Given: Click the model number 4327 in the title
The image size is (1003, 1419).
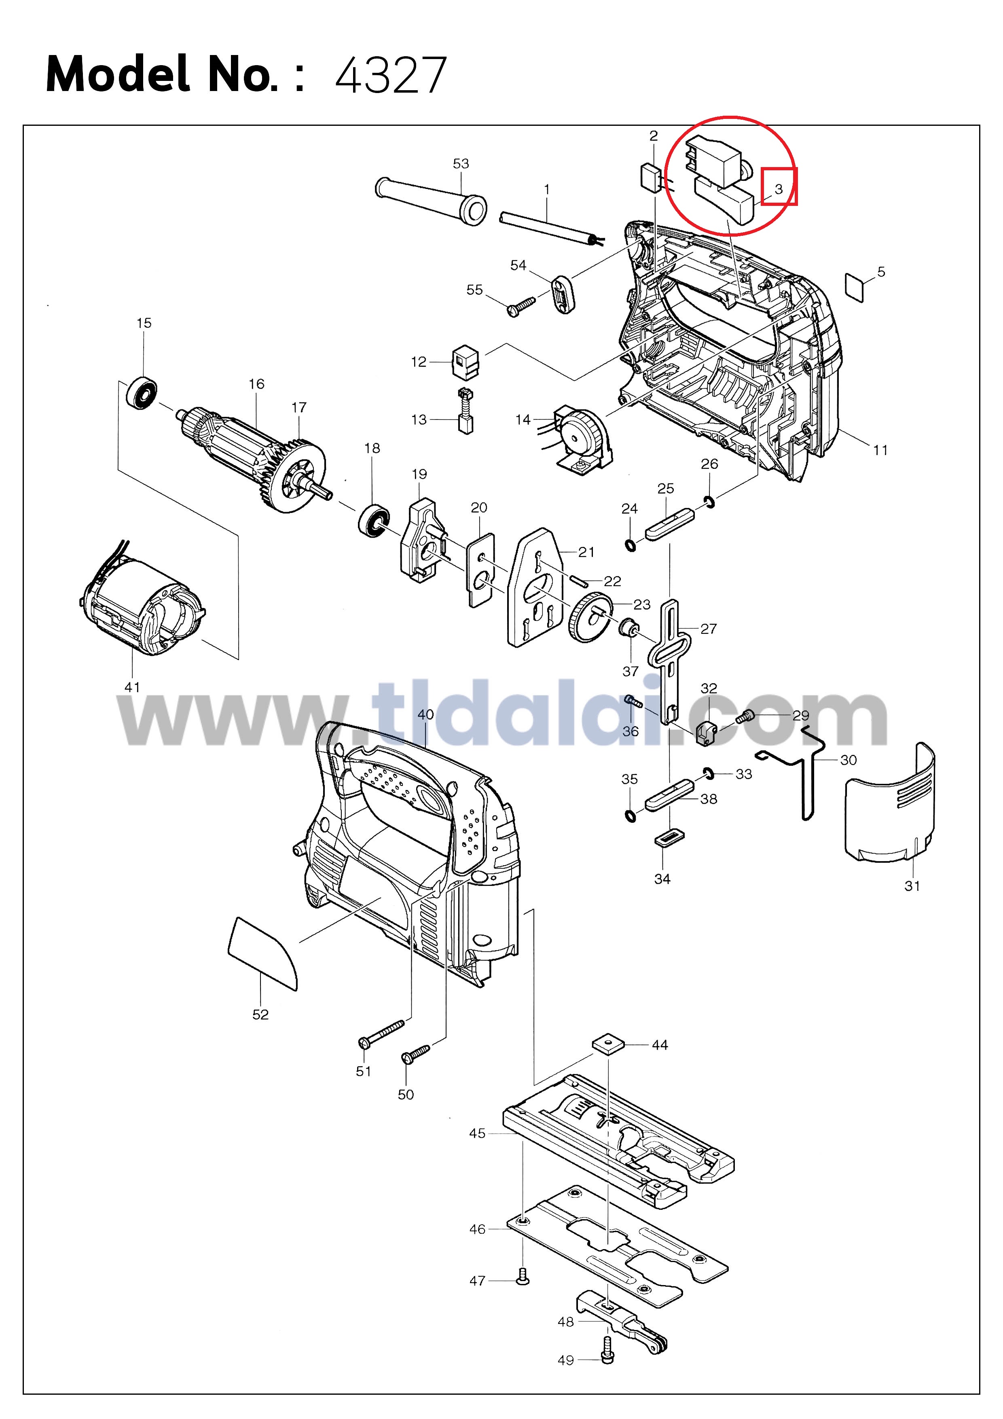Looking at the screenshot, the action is click(391, 75).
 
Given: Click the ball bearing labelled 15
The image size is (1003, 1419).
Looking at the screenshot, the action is click(142, 392).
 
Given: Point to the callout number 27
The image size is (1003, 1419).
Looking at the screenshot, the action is click(708, 629).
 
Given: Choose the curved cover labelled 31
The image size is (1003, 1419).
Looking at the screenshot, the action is click(890, 803).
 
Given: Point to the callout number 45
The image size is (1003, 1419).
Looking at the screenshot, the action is click(477, 1133).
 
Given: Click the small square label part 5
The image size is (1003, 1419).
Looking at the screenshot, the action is click(855, 288).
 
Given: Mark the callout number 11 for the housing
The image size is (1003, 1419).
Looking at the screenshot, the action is click(880, 450).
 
